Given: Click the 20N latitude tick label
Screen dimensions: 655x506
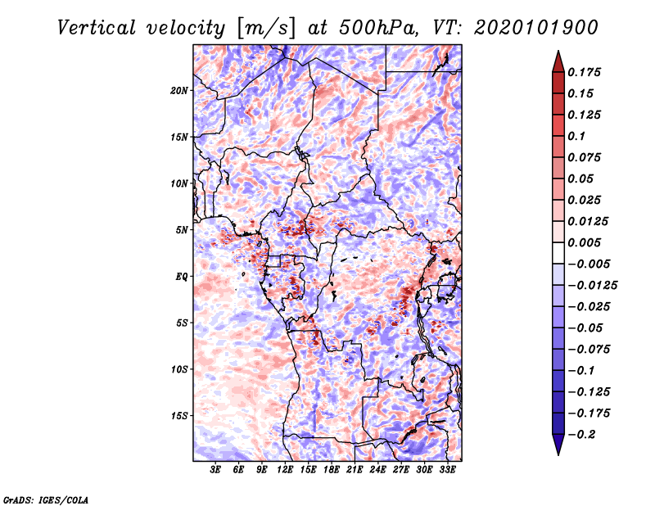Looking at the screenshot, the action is [x=179, y=91].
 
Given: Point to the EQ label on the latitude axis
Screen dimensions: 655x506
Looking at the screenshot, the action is [x=182, y=277].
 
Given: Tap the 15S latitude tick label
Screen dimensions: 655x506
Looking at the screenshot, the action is [x=179, y=416].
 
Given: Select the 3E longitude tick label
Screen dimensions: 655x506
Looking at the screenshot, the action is [x=215, y=470].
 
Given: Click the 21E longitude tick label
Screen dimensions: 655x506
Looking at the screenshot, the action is [x=355, y=470].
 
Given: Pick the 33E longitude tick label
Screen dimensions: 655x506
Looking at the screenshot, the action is [x=447, y=470].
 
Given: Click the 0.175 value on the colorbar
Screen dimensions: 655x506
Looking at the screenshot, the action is [x=584, y=72].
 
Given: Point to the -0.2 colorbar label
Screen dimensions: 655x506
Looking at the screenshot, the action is [x=581, y=435].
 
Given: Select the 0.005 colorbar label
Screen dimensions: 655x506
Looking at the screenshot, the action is [x=584, y=242].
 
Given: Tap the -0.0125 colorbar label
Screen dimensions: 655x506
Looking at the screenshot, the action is [x=592, y=286].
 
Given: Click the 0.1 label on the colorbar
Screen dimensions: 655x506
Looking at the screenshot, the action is [x=576, y=136].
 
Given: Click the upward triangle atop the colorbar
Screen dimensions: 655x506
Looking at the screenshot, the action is [x=558, y=61].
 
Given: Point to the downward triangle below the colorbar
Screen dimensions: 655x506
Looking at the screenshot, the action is [x=558, y=445].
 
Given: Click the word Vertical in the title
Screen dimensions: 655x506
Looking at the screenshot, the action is [x=97, y=28].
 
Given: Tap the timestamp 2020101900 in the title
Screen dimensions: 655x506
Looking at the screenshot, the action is [x=536, y=28].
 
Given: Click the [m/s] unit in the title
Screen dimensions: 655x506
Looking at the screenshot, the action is [x=266, y=29].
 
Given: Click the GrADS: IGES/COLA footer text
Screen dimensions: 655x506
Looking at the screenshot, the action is [x=46, y=499].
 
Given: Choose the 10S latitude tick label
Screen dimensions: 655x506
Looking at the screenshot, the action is [x=179, y=369].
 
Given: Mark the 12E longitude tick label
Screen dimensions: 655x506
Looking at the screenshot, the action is [x=285, y=470].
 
